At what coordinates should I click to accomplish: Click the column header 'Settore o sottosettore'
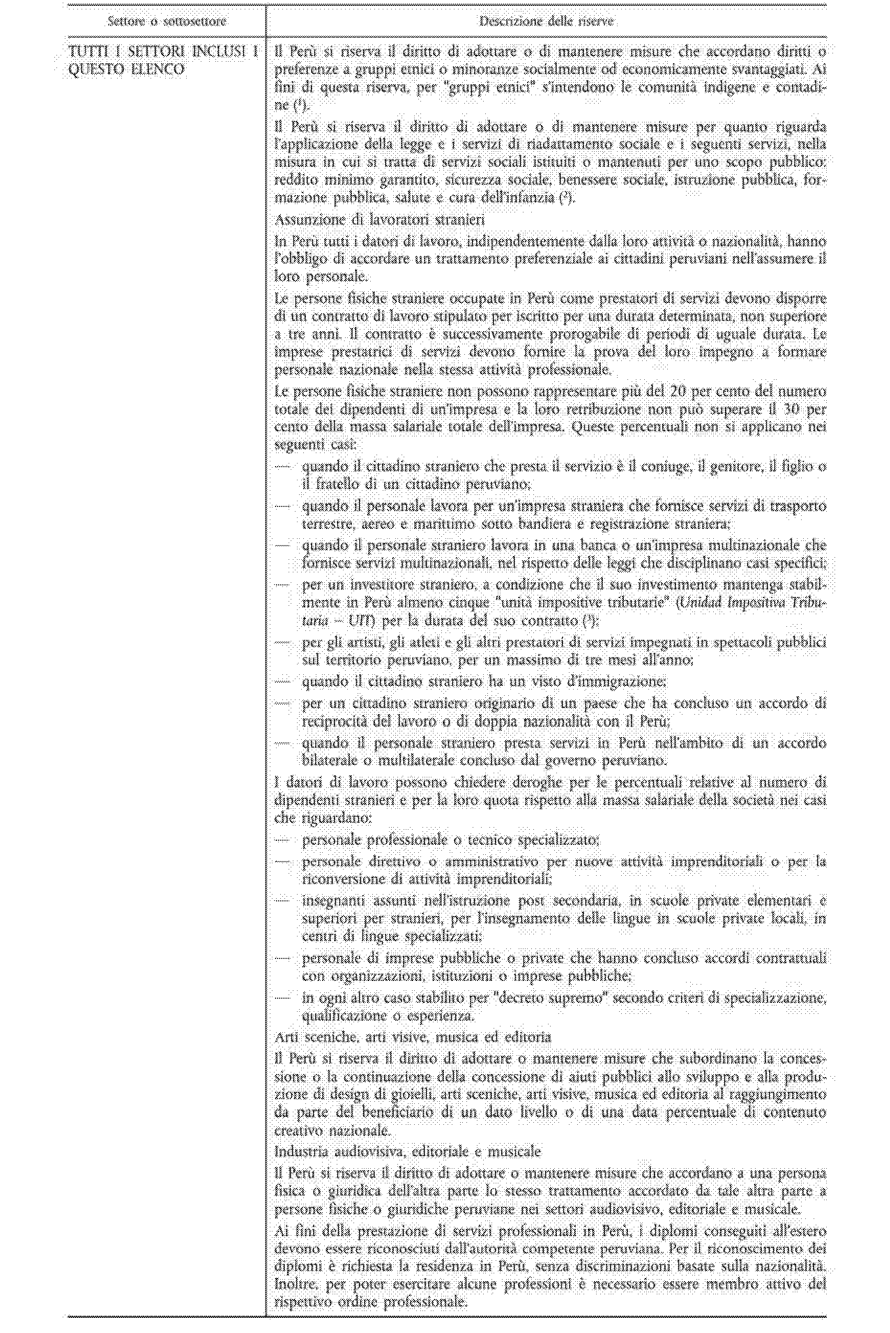coord(167,22)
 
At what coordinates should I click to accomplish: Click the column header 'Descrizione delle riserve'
coord(546,22)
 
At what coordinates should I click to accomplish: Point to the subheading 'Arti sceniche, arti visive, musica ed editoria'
coord(413,1037)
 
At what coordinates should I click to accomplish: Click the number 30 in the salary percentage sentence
coord(791,409)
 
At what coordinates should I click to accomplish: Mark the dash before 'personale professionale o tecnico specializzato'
coord(282,840)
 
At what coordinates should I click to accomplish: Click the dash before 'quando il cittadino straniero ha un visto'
coord(282,681)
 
